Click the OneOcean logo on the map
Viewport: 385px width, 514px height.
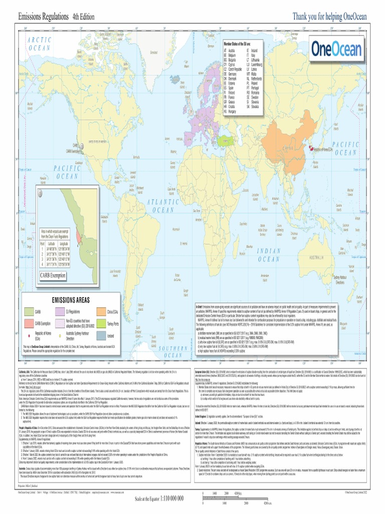coord(333,49)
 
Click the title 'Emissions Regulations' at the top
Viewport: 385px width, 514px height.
coord(43,17)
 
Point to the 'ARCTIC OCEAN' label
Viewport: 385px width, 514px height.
coord(40,44)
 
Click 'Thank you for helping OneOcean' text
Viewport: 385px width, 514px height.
coord(330,17)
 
